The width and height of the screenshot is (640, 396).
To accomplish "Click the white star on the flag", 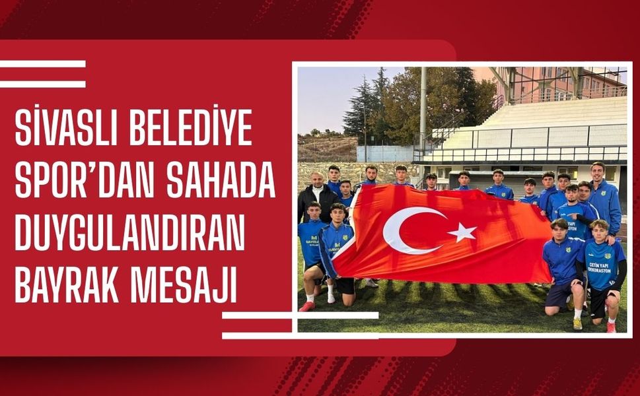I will click(x=463, y=232).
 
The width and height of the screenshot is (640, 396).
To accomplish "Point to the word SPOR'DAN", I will click(x=84, y=183).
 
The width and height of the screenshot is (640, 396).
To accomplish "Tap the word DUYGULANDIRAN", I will click(x=129, y=236).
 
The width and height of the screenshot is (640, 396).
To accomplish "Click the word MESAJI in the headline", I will click(x=182, y=288).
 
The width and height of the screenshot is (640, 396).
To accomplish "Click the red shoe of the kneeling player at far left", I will click(x=306, y=306).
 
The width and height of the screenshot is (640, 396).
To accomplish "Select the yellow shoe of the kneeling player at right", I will click(x=577, y=323).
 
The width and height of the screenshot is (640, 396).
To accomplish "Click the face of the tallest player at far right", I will click(x=597, y=171).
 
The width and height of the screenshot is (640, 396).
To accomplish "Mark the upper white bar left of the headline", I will click(x=42, y=64).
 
